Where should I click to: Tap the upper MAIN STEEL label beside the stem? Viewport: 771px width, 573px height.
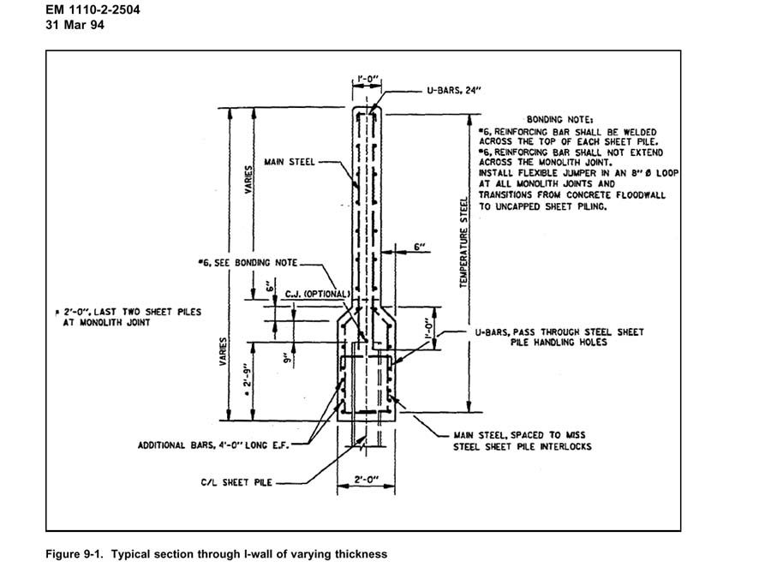(288, 160)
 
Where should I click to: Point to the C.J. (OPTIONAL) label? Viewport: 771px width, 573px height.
(311, 292)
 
